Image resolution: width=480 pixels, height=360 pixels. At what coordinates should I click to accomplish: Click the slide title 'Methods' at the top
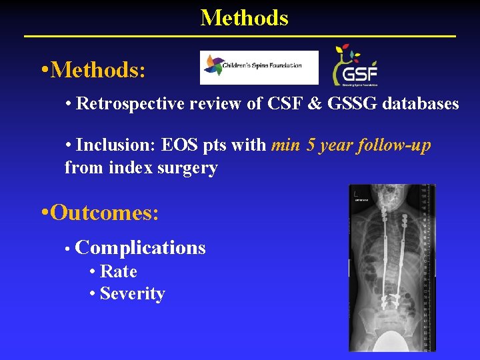tap(244, 17)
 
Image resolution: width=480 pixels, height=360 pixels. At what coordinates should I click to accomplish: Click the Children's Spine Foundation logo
tap(259, 67)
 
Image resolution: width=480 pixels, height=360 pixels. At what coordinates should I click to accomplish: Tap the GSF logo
tap(355, 67)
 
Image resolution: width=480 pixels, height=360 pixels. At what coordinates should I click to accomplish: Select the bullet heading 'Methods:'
tap(97, 69)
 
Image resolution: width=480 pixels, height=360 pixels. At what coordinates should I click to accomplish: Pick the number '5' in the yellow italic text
tap(311, 145)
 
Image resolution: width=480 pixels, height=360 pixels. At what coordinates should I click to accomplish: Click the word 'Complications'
tap(141, 248)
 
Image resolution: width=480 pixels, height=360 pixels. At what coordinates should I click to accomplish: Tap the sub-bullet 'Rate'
tap(118, 271)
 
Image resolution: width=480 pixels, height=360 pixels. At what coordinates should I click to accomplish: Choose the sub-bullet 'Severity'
tap(132, 293)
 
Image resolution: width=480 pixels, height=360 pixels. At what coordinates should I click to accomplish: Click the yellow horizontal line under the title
tap(240, 35)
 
